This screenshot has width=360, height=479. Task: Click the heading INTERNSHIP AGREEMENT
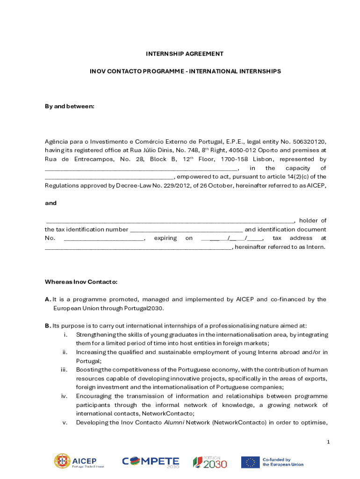tap(185, 54)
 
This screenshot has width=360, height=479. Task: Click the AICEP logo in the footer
tap(79, 462)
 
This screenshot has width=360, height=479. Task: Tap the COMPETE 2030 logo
tap(151, 462)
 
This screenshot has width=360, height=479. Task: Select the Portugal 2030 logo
tap(210, 462)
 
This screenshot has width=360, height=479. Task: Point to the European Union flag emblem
tap(250, 462)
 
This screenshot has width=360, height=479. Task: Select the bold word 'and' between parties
tap(50, 203)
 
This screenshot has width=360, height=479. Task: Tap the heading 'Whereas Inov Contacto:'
tap(81, 282)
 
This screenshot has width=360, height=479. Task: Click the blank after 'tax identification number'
tap(186, 230)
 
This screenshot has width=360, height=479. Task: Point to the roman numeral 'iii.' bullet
tap(65, 370)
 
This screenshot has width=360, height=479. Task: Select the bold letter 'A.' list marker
tap(48, 299)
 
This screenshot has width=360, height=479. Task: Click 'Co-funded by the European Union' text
tap(282, 462)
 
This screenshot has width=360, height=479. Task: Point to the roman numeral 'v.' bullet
tap(65, 423)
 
